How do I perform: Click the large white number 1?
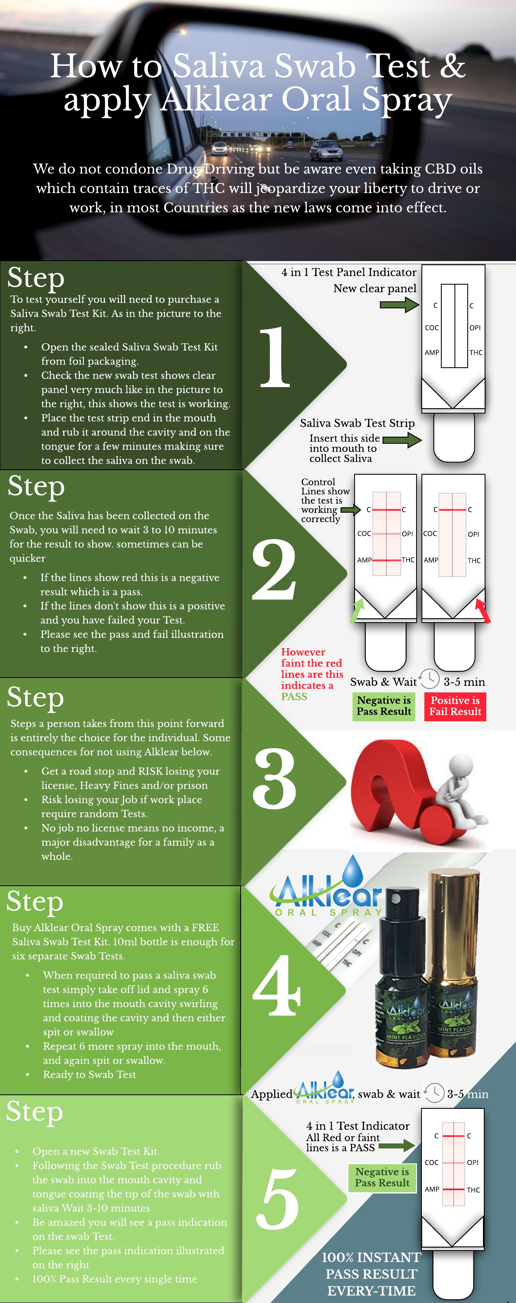275,357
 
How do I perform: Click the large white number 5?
277,1198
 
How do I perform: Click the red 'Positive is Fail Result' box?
455,706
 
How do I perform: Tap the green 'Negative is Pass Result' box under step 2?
383,706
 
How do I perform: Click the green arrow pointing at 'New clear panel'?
399,304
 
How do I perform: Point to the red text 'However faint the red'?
312,657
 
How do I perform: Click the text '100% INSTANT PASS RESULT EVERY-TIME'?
372,1274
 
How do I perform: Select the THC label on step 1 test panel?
476,352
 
